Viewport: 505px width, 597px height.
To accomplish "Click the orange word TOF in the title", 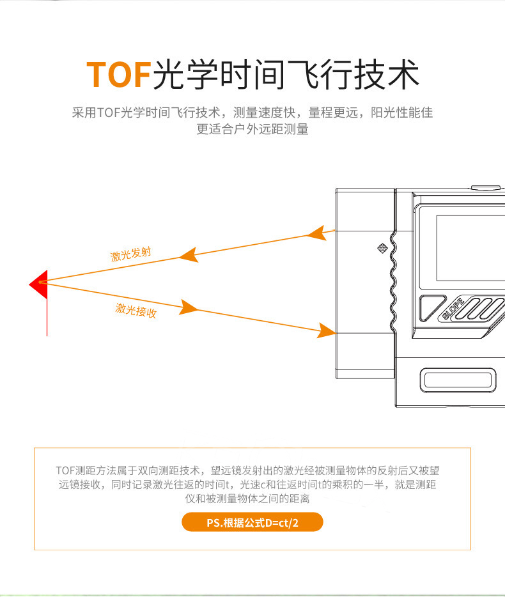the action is tap(119, 74).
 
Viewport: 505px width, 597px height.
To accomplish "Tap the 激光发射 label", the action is tap(130, 254).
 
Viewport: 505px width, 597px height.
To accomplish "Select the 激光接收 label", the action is tap(136, 310).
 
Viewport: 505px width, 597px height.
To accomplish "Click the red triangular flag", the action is tap(39, 284).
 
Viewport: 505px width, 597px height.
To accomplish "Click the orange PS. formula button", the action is tap(252, 522).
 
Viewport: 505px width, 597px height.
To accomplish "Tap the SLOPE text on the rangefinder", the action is tap(453, 308).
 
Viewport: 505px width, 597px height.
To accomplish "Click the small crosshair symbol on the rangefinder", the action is tap(382, 248).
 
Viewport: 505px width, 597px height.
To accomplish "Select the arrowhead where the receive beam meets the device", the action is tap(327, 330).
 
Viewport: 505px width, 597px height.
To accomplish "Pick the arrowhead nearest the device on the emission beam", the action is tap(317, 233).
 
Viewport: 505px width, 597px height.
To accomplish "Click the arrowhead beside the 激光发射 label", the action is tap(189, 254).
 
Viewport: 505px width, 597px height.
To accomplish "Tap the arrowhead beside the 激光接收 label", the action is tap(189, 307).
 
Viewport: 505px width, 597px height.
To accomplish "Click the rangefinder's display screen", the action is tap(470, 248).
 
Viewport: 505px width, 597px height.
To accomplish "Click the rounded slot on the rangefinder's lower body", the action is tap(458, 380).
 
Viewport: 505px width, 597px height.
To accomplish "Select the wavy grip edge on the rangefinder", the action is tap(393, 282).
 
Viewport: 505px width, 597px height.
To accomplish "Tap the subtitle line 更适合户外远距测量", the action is tap(252, 129).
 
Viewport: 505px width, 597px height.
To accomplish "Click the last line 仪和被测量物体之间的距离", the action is tap(247, 499).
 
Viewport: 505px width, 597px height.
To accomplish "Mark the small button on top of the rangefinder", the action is tap(486, 187).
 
